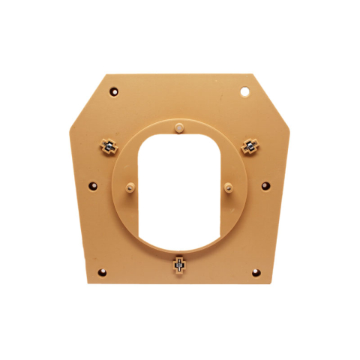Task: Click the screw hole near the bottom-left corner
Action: click(103, 271)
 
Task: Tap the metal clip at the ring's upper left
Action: click(109, 145)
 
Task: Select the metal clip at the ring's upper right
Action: click(248, 145)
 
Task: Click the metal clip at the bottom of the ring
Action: click(179, 263)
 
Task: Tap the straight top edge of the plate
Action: click(180, 74)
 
